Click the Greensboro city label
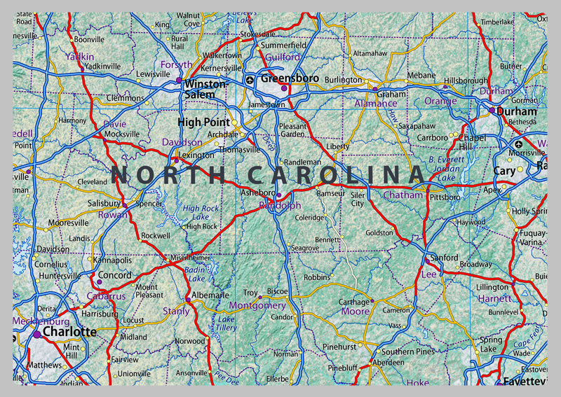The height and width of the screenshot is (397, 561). click(290, 78)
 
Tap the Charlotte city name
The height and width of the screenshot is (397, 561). click(69, 331)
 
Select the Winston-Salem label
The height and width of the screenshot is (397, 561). click(205, 89)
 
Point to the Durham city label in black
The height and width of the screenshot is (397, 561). click(518, 111)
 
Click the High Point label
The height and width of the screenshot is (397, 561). click(203, 122)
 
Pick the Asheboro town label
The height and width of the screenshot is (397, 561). click(258, 193)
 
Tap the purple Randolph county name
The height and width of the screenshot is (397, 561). click(280, 206)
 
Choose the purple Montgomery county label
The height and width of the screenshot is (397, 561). click(257, 306)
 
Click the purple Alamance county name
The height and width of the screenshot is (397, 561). click(375, 104)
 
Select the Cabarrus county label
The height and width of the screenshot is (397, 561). click(106, 296)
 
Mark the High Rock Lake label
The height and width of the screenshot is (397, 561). click(201, 212)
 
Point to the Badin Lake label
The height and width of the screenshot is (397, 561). click(196, 274)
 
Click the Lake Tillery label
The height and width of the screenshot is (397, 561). click(227, 323)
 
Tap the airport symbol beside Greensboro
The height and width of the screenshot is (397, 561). click(251, 80)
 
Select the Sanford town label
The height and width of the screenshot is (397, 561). click(444, 258)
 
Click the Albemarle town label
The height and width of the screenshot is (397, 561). click(210, 295)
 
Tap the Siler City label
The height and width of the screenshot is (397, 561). click(358, 199)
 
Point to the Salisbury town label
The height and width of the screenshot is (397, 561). click(104, 203)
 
